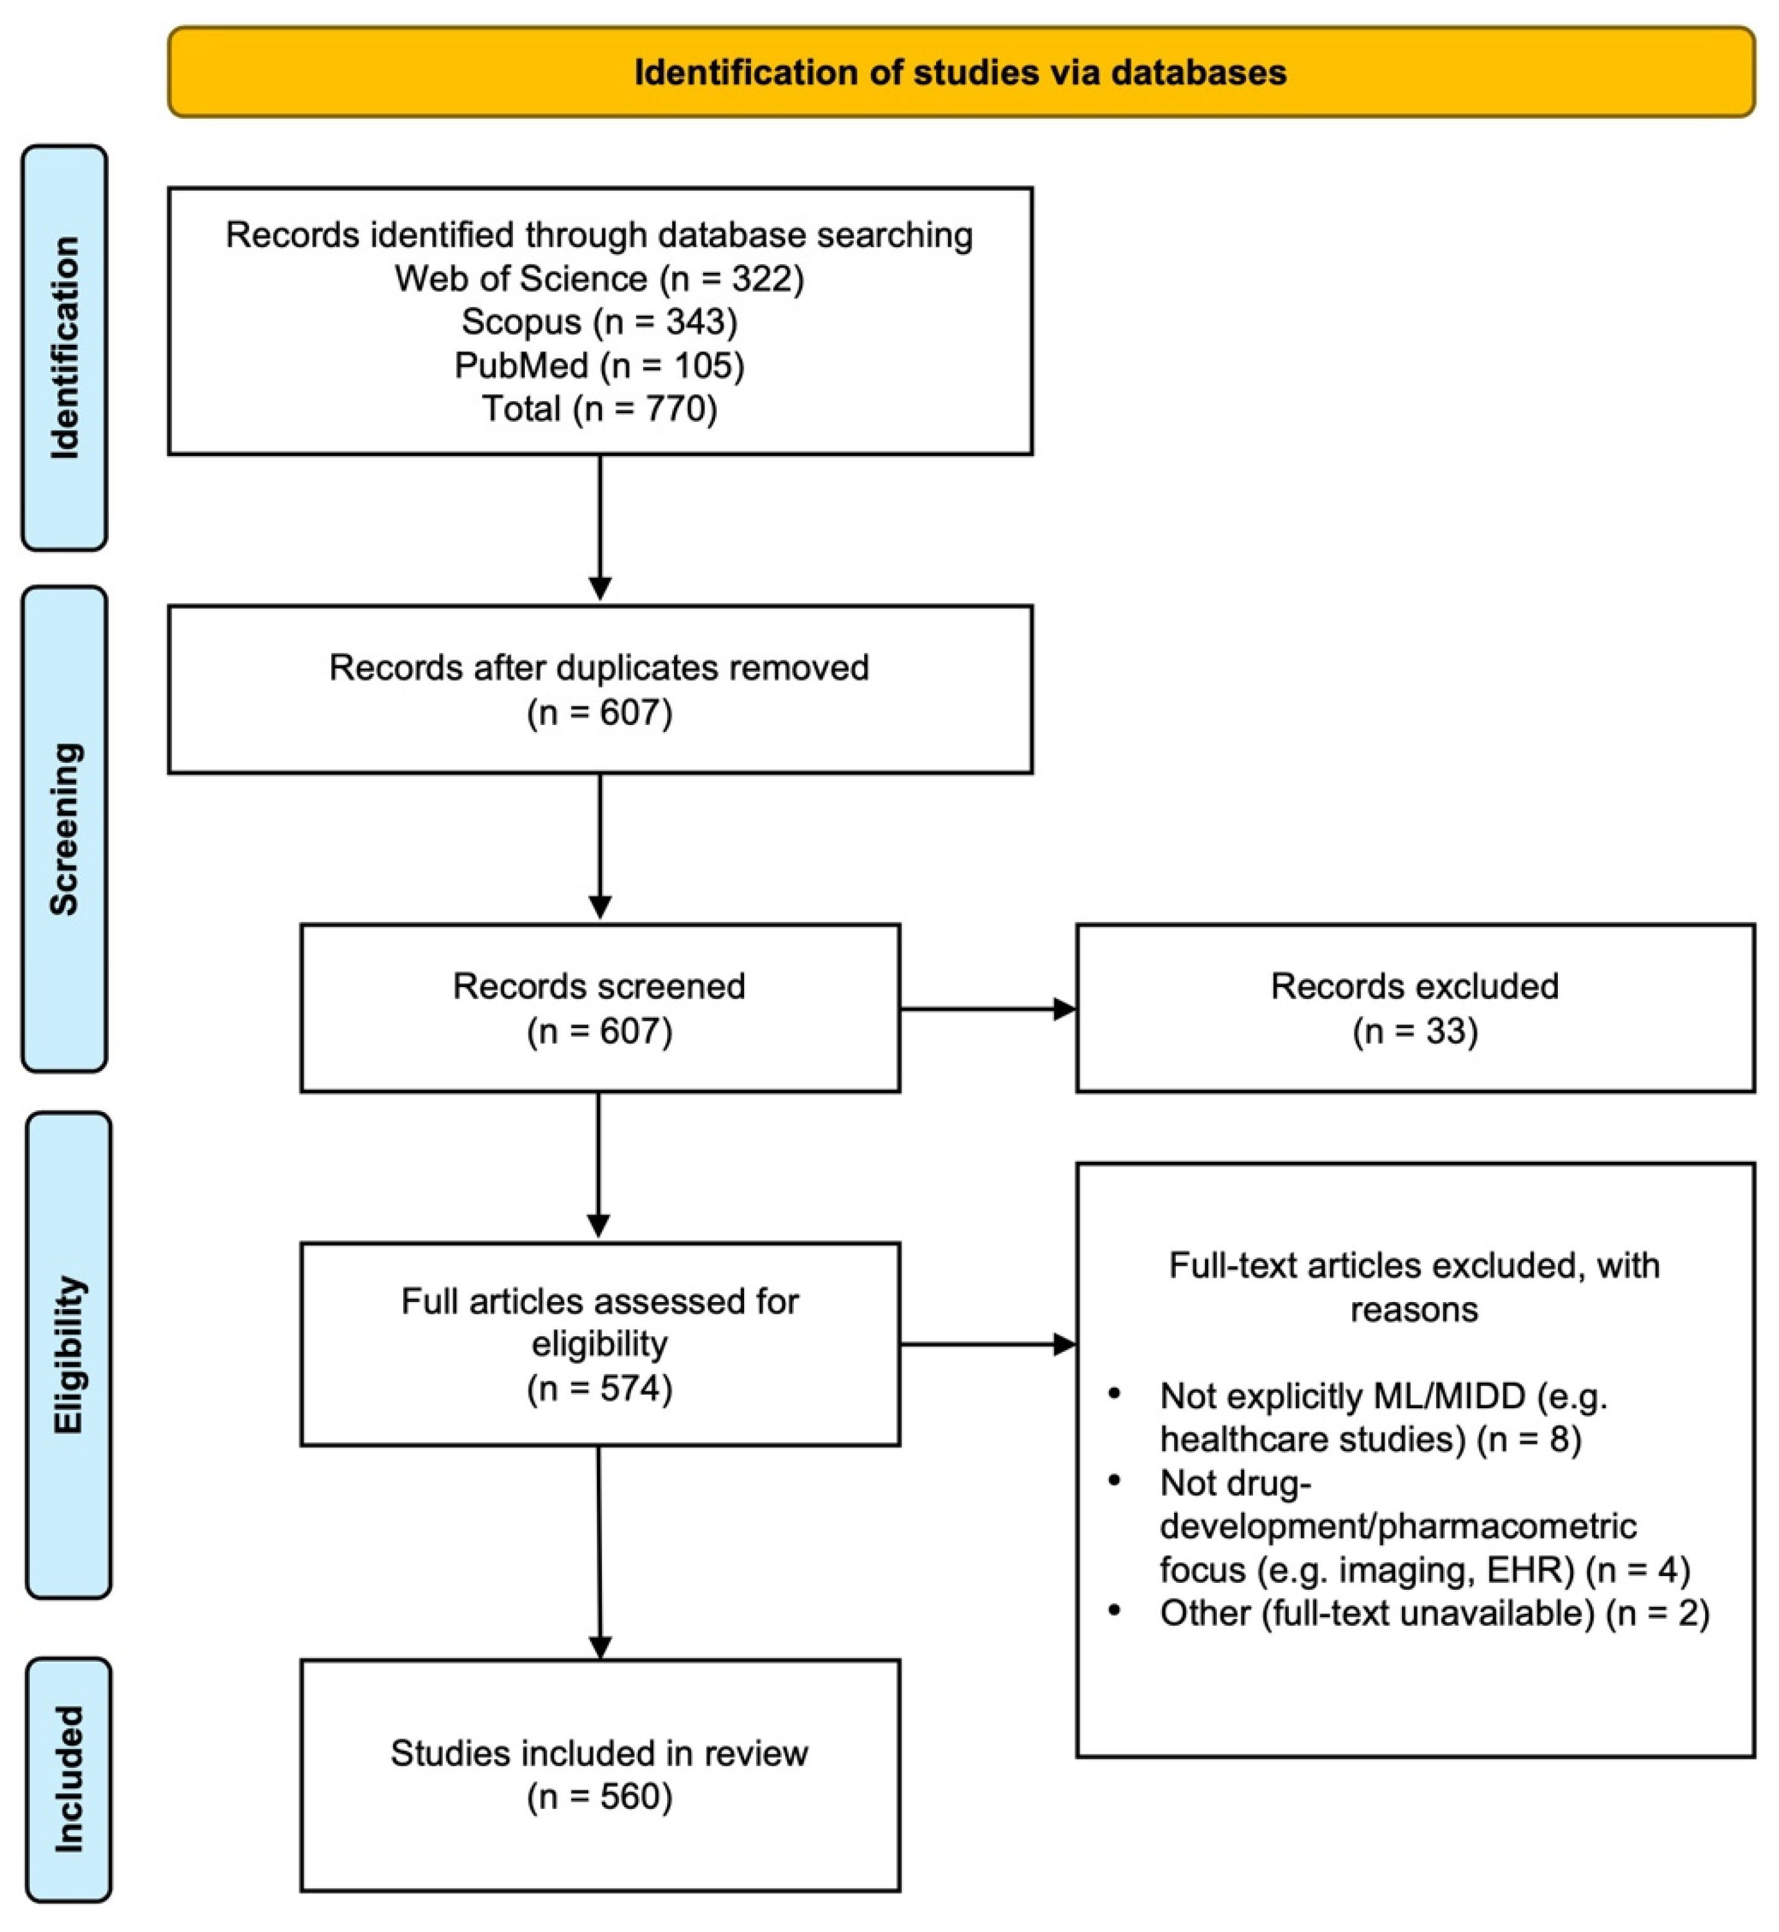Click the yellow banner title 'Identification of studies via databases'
pyautogui.click(x=960, y=72)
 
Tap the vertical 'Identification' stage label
pyautogui.click(x=65, y=347)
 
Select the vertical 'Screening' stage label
pyautogui.click(x=65, y=829)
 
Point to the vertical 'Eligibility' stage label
pyautogui.click(x=68, y=1356)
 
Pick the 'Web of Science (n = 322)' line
pyautogui.click(x=600, y=278)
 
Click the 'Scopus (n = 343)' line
pyautogui.click(x=600, y=322)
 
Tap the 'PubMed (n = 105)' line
pyautogui.click(x=600, y=365)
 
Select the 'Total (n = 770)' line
pyautogui.click(x=600, y=408)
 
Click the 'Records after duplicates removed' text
pyautogui.click(x=600, y=667)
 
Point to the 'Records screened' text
pyautogui.click(x=600, y=986)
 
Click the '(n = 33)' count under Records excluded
pyautogui.click(x=1415, y=1031)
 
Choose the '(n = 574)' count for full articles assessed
pyautogui.click(x=600, y=1388)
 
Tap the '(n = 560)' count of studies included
pyautogui.click(x=600, y=1797)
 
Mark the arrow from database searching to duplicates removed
pyautogui.click(x=600, y=527)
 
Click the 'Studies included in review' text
pyautogui.click(x=600, y=1753)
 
